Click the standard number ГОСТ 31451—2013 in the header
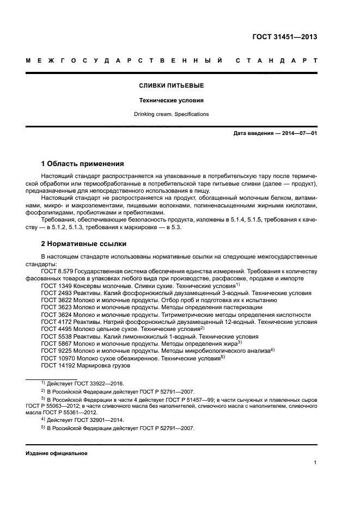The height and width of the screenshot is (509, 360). (x=285, y=37)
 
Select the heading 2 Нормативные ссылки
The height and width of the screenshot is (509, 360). (x=83, y=243)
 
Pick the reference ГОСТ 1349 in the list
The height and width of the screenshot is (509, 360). (x=54, y=285)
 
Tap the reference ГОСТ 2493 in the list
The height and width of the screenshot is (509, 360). (x=54, y=293)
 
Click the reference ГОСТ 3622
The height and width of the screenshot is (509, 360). (x=54, y=300)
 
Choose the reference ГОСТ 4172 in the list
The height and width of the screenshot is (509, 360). (x=54, y=322)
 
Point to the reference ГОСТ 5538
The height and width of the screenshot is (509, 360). (x=54, y=336)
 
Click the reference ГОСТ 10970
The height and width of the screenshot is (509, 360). (x=56, y=358)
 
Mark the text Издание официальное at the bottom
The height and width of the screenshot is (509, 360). (x=56, y=453)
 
